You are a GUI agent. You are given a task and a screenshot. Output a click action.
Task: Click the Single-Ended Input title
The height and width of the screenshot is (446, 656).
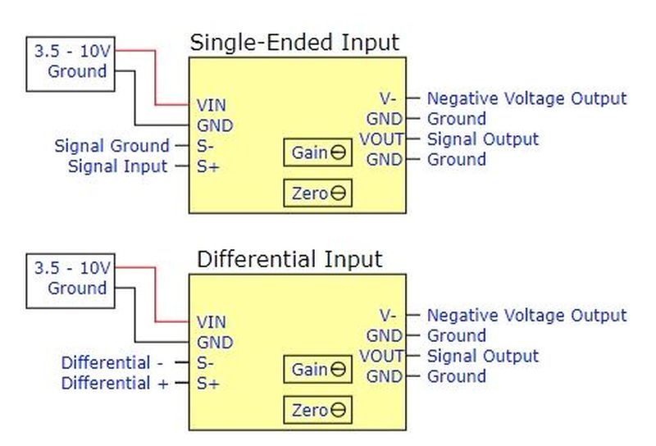point(294,43)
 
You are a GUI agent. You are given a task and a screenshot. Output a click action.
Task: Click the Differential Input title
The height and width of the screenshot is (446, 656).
point(289,260)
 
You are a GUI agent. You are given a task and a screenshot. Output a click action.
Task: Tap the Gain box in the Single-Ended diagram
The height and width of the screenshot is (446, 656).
point(317,152)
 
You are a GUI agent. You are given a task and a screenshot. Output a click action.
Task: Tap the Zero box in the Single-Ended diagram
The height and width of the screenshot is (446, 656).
point(317,193)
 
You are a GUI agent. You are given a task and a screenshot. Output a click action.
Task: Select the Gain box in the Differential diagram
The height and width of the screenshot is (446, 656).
point(317,370)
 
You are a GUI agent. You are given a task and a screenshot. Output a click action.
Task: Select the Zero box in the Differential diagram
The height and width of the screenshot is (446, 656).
point(317,410)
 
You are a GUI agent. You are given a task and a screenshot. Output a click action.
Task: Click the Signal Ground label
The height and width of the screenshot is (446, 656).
point(112,146)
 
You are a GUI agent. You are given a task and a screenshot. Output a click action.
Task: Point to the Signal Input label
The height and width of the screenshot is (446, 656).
point(117,166)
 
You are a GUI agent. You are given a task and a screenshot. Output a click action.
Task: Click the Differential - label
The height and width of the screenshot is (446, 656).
point(107,362)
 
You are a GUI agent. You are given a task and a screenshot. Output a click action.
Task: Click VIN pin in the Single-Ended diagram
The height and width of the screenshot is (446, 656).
point(212,105)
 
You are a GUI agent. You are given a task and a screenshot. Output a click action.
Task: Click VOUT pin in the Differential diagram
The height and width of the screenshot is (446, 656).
point(381,356)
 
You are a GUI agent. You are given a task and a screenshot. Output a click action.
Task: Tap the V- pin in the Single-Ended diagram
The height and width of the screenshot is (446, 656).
point(389,98)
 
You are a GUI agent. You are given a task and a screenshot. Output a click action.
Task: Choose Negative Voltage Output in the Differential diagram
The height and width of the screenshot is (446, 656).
point(526,315)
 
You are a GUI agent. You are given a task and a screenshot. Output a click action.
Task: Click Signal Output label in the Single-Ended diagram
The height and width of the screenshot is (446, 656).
point(482,139)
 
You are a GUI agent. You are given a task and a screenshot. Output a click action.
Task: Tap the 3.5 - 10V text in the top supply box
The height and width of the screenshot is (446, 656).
point(71,51)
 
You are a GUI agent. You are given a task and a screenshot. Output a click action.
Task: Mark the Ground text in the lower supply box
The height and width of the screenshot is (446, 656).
point(77,289)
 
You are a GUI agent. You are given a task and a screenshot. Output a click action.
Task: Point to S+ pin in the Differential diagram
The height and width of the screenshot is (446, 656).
point(207,383)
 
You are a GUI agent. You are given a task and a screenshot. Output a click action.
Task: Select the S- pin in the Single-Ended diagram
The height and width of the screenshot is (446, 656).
point(206,146)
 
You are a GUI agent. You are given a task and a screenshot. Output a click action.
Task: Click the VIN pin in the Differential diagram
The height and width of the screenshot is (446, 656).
point(212,322)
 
